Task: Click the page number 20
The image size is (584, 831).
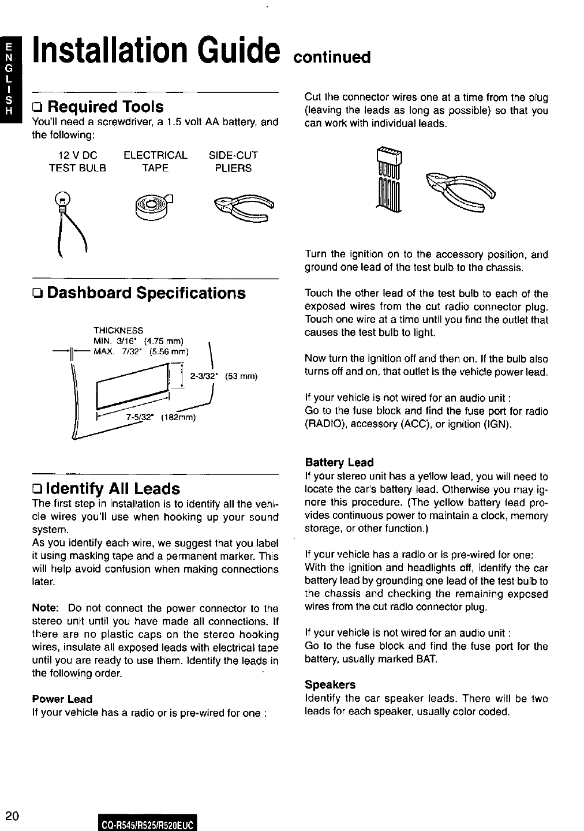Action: [x=12, y=815]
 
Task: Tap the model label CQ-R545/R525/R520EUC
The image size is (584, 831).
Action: [x=149, y=822]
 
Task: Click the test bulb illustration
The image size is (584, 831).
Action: [x=69, y=219]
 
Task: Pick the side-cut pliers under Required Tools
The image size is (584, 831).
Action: [x=243, y=208]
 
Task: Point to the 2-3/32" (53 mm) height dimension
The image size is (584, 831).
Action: [x=223, y=376]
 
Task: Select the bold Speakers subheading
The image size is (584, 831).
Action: [x=330, y=684]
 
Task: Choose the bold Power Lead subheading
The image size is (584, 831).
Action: [x=62, y=699]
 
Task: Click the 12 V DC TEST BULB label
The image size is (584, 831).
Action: [x=77, y=162]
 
